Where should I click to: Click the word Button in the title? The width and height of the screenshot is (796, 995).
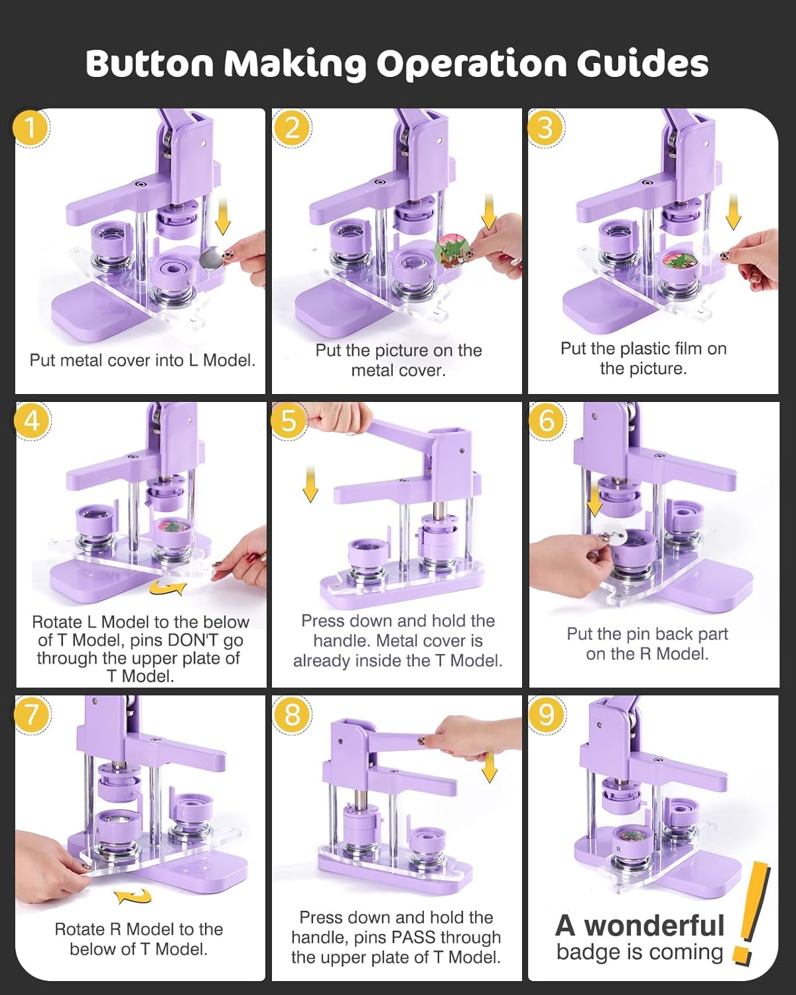(x=150, y=64)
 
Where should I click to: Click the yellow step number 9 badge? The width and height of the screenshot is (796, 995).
(x=545, y=714)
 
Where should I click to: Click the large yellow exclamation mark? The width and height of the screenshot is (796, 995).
(x=751, y=912)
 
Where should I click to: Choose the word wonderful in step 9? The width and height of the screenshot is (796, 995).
(x=654, y=925)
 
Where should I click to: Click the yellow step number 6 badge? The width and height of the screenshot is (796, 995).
(x=545, y=421)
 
